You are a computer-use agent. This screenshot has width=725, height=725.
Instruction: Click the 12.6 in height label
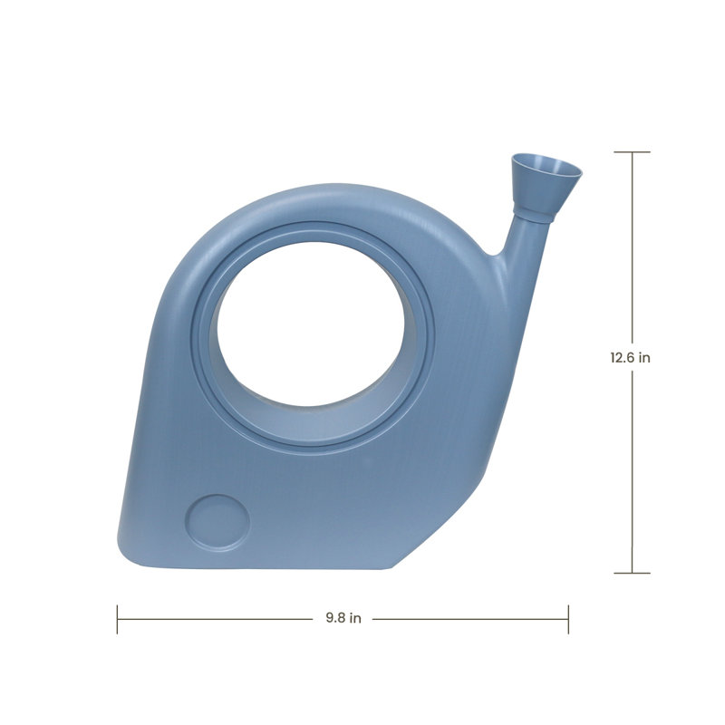click(630, 357)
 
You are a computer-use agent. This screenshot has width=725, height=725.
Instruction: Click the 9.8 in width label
click(343, 618)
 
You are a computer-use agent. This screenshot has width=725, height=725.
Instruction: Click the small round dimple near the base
click(217, 523)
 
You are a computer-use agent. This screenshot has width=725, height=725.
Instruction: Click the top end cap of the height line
click(632, 151)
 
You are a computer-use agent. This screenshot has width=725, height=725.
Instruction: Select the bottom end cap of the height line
click(632, 573)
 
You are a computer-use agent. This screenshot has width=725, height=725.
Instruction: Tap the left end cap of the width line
click(118, 619)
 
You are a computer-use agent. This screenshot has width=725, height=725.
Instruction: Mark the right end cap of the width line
click(568, 619)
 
